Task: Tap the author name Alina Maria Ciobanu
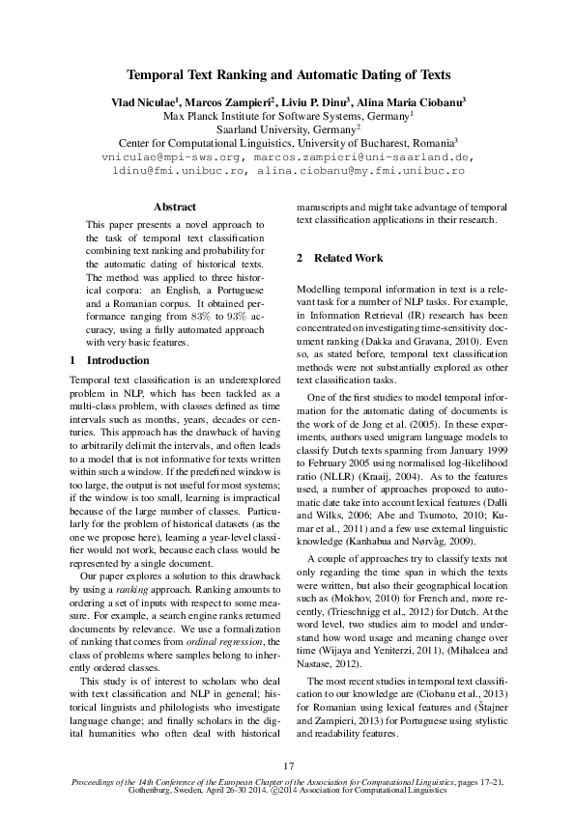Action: [x=413, y=101]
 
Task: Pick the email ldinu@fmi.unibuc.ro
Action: [x=178, y=170]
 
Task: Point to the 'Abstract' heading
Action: [x=175, y=207]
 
